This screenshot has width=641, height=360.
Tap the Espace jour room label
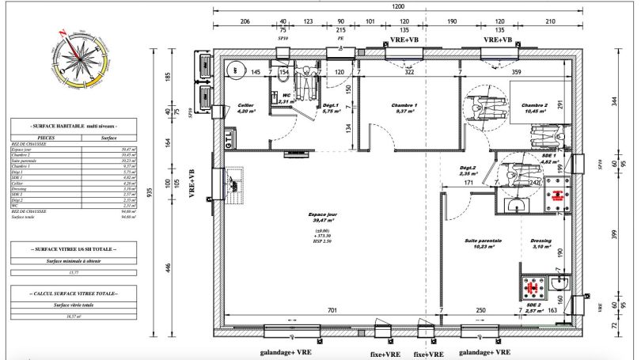tap(321, 218)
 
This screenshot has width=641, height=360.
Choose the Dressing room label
tap(541, 243)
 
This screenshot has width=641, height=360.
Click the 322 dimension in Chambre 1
tap(409, 73)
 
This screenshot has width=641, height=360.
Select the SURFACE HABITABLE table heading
tap(74, 127)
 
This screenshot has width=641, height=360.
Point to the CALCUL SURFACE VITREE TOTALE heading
tap(74, 293)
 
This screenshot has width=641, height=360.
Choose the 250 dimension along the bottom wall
tap(480, 311)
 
